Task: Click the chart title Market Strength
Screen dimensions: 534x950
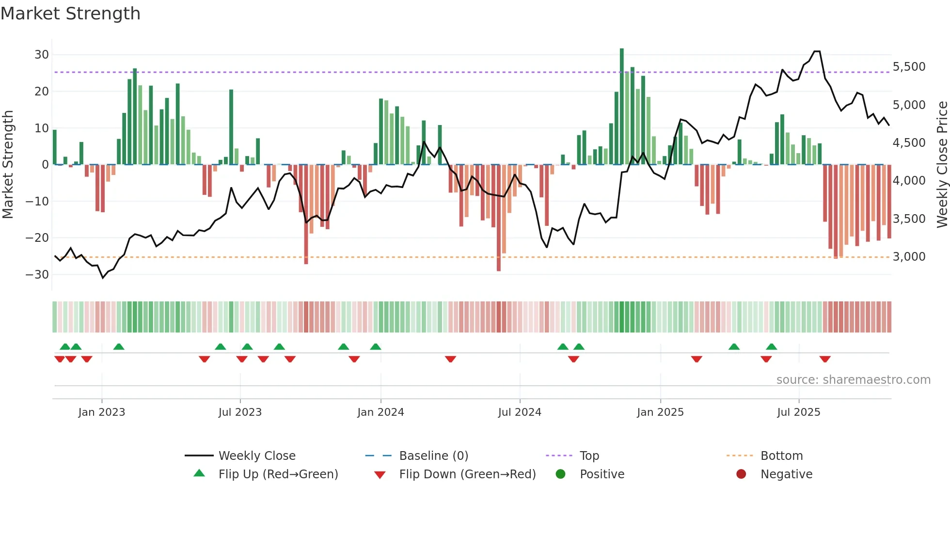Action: (70, 14)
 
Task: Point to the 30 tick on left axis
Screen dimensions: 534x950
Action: (42, 55)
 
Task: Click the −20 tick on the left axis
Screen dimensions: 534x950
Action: (37, 237)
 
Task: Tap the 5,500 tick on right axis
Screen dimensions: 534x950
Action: (909, 67)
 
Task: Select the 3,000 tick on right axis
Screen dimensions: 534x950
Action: (909, 257)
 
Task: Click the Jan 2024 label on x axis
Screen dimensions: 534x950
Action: (380, 412)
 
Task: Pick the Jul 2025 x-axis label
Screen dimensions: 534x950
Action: (798, 412)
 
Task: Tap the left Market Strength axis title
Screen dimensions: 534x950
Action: (8, 165)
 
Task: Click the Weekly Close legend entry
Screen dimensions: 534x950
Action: (256, 456)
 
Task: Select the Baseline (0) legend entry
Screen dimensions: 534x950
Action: (433, 456)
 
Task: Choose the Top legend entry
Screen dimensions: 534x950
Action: (589, 456)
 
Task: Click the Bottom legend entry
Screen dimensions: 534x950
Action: (781, 456)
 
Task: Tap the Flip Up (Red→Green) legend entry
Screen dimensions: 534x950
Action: (278, 474)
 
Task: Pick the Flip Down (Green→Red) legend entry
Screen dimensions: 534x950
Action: (467, 474)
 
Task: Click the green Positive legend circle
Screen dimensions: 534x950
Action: (561, 474)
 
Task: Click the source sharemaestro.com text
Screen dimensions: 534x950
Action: (853, 380)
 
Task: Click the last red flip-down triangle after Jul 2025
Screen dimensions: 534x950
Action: (825, 359)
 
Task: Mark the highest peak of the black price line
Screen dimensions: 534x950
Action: (817, 51)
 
